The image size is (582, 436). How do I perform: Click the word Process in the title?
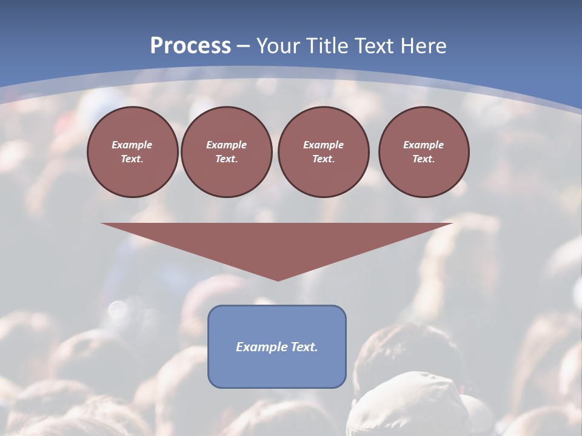click(190, 45)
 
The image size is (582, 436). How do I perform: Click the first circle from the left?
click(132, 152)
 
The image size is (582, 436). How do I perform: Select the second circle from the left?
click(226, 152)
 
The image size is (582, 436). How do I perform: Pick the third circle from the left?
click(323, 152)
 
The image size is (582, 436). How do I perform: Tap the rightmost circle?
click(424, 152)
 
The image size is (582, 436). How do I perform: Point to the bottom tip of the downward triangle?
click(278, 280)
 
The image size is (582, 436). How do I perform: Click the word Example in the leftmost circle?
click(132, 145)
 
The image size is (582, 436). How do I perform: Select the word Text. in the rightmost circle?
click(424, 159)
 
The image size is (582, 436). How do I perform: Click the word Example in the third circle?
click(323, 145)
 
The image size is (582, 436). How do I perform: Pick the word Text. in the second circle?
click(226, 159)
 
